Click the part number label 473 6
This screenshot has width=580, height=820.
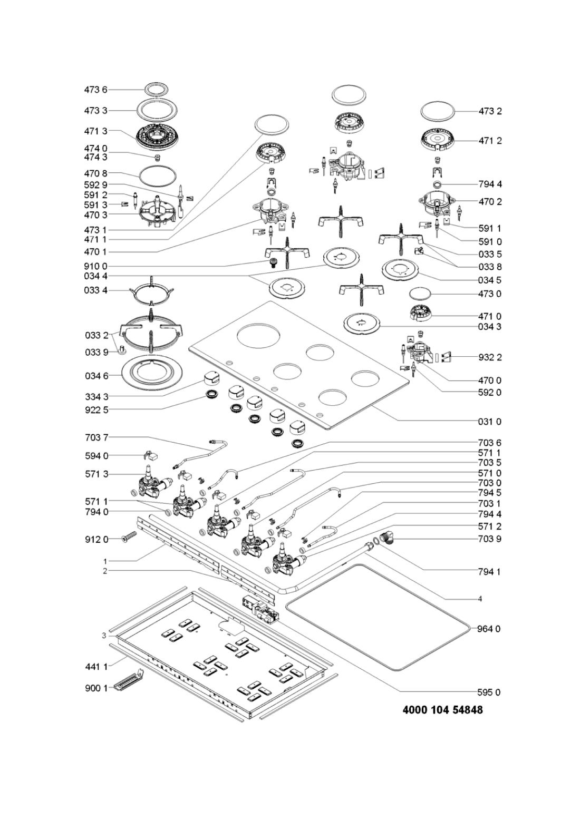95,90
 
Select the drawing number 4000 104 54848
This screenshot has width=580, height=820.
442,710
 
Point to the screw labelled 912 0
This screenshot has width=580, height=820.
128,538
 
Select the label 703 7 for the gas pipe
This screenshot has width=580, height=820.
95,437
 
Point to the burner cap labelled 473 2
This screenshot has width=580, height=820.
438,112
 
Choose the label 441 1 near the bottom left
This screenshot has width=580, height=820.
95,667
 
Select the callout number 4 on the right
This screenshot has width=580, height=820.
480,599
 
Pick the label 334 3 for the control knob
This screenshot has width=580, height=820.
95,396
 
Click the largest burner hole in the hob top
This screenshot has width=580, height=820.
259,336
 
